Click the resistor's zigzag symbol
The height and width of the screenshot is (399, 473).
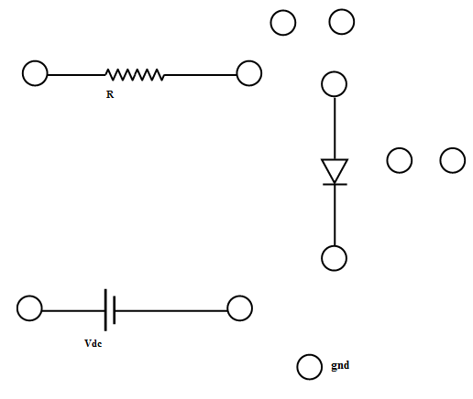[135, 75]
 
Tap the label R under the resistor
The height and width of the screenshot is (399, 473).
[110, 94]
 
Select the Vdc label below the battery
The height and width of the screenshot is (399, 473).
[93, 343]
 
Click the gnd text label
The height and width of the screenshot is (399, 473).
[340, 365]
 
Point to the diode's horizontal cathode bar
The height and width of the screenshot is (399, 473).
[335, 184]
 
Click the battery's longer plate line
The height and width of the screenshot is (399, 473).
[105, 310]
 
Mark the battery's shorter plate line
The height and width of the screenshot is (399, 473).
[115, 310]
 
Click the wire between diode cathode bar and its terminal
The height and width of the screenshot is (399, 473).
[335, 215]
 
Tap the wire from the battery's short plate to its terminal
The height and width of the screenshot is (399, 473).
[171, 311]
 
